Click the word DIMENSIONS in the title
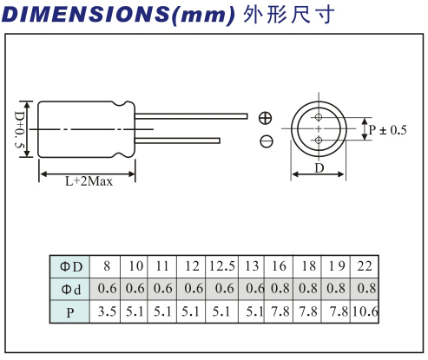click(x=85, y=14)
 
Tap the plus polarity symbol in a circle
click(x=265, y=118)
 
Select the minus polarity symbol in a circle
click(x=266, y=141)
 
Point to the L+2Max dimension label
click(x=89, y=182)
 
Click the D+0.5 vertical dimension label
click(x=19, y=129)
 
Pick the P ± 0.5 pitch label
click(x=388, y=130)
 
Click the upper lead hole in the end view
click(x=319, y=117)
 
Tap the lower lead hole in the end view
click(x=319, y=141)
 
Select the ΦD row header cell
click(x=69, y=266)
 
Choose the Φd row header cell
click(x=69, y=289)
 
